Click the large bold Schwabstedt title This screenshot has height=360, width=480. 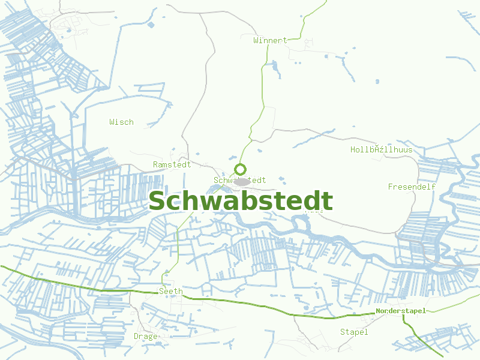(x=241, y=202)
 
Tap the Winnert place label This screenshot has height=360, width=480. (x=270, y=40)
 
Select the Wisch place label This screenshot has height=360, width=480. (x=121, y=122)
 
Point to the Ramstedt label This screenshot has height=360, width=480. (x=172, y=164)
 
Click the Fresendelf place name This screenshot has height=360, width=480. (x=412, y=187)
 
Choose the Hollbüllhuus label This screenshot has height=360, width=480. (x=382, y=149)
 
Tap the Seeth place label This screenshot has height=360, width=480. (x=170, y=291)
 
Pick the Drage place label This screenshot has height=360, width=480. (x=146, y=336)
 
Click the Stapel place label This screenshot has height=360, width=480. (x=354, y=332)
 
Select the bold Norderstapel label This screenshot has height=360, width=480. (x=400, y=311)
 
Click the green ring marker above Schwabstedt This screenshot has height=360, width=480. (x=241, y=169)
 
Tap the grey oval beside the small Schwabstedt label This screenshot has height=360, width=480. (x=242, y=181)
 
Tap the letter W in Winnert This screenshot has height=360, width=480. (x=256, y=40)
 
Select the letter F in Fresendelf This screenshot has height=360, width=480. (x=391, y=187)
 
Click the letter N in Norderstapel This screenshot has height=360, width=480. (x=379, y=311)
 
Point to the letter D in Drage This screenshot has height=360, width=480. (x=137, y=336)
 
